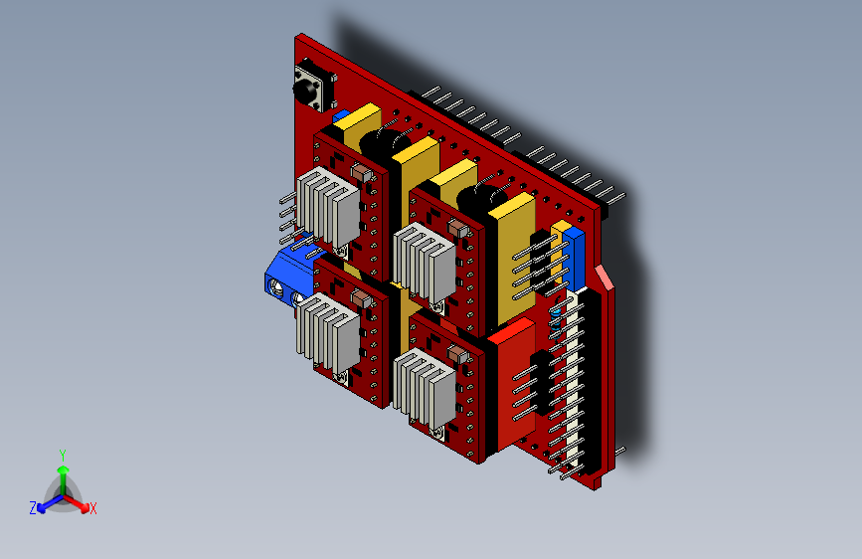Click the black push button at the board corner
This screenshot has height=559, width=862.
[309, 85]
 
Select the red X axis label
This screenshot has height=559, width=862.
[92, 509]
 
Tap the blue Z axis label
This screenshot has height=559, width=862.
[33, 507]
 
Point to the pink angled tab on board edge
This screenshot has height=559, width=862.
[604, 277]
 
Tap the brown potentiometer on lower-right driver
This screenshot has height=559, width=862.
[457, 354]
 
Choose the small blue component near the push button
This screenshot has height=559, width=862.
[340, 116]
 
